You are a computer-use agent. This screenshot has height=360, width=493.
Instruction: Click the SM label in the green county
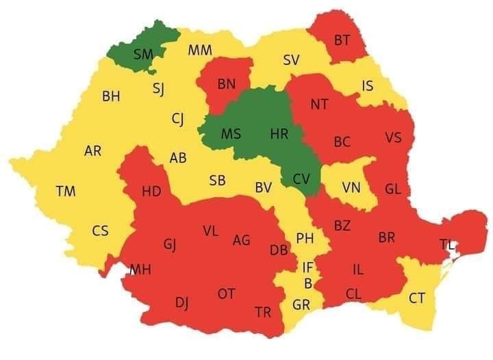pos(143,53)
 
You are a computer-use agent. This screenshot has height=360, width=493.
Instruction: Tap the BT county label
pos(342,40)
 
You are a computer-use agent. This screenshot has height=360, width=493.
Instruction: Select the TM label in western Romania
pos(66,192)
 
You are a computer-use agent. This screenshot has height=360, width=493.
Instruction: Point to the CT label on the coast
pos(416,298)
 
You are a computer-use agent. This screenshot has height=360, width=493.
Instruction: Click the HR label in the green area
pos(279,134)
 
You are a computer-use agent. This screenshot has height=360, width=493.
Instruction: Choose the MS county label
pos(231,134)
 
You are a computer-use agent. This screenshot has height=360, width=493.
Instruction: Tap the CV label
pos(301,179)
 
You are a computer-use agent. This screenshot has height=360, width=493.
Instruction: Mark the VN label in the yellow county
pos(351,188)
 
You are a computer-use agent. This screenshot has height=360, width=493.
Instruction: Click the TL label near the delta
pos(446,244)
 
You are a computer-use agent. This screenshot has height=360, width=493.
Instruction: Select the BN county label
pos(226,85)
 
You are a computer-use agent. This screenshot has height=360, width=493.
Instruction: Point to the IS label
pos(368,86)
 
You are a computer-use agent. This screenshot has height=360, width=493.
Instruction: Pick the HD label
pos(151,192)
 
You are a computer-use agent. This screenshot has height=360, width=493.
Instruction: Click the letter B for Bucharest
pos(307,283)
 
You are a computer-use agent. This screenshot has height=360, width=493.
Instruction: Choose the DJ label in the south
pos(182,302)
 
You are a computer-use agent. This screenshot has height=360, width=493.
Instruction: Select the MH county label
pos(140,270)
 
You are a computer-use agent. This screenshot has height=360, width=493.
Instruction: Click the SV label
pos(291,60)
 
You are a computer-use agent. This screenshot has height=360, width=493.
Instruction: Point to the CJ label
pos(177,120)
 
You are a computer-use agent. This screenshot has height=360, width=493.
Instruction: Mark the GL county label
pos(393,189)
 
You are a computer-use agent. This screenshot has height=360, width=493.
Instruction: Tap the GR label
pos(301,305)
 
